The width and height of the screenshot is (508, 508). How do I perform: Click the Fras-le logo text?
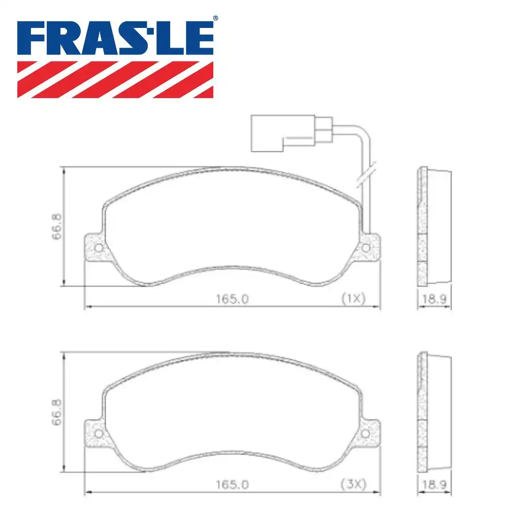115,38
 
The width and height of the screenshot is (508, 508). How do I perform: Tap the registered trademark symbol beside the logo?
215,19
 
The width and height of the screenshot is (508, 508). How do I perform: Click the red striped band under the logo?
115,79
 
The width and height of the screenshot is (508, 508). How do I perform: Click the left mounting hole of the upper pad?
99,248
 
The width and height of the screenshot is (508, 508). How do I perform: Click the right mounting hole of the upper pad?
366,248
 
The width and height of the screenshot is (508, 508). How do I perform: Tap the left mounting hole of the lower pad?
99,433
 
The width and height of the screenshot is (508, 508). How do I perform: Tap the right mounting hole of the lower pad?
366,433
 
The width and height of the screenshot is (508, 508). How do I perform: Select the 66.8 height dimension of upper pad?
57,226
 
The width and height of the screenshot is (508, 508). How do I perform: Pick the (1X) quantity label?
353,299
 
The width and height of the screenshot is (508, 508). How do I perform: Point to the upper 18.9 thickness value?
434,300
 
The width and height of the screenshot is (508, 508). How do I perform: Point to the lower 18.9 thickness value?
434,485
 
